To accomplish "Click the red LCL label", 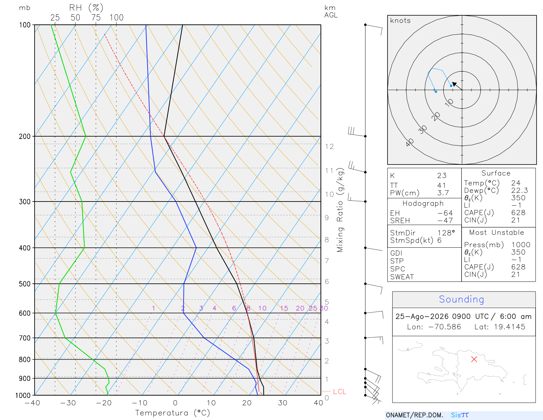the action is pyautogui.click(x=339, y=391).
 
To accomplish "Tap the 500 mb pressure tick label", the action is pyautogui.click(x=25, y=284).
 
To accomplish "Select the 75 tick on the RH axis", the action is pyautogui.click(x=96, y=18).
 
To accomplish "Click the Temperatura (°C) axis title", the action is pyautogui.click(x=172, y=413).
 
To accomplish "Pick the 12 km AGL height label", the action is pyautogui.click(x=329, y=146).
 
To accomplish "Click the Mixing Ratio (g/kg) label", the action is pyautogui.click(x=340, y=210).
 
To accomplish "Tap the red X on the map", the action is pyautogui.click(x=474, y=359).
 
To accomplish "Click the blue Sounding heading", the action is pyautogui.click(x=461, y=299).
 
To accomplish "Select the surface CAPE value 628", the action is pyautogui.click(x=518, y=213).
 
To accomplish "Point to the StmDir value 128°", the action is pyautogui.click(x=446, y=233).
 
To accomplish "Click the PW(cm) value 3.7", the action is pyautogui.click(x=443, y=193).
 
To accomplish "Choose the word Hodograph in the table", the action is pyautogui.click(x=423, y=204).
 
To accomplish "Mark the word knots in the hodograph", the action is pyautogui.click(x=400, y=20).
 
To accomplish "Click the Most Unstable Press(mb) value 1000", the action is pyautogui.click(x=521, y=245).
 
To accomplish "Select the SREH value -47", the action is pyautogui.click(x=445, y=221).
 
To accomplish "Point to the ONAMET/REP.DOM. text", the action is pyautogui.click(x=415, y=415).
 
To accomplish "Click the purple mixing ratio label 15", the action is pyautogui.click(x=284, y=308).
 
